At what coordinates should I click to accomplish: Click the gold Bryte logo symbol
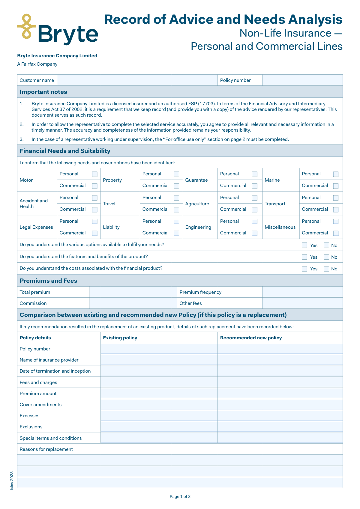pyautogui.click(x=27, y=26)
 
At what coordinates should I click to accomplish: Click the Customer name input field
pyautogui.click(x=137, y=80)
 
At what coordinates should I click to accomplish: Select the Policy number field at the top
pyautogui.click(x=302, y=80)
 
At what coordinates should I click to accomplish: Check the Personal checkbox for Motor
pyautogui.click(x=95, y=174)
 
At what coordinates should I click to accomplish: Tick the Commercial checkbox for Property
pyautogui.click(x=176, y=186)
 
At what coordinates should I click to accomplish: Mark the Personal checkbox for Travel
pyautogui.click(x=176, y=198)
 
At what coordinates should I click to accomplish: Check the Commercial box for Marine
pyautogui.click(x=336, y=186)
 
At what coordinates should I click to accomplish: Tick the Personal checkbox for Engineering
pyautogui.click(x=255, y=222)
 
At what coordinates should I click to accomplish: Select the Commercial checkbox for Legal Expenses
pyautogui.click(x=95, y=233)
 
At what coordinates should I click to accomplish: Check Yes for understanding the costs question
pyautogui.click(x=304, y=269)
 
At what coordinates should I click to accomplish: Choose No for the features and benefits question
pyautogui.click(x=326, y=257)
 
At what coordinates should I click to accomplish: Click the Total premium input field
pyautogui.click(x=133, y=292)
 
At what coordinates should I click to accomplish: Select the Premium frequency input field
pyautogui.click(x=302, y=292)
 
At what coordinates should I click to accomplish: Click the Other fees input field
pyautogui.click(x=302, y=303)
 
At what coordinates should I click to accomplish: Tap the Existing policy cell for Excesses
pyautogui.click(x=159, y=415)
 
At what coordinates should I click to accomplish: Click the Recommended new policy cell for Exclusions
pyautogui.click(x=280, y=427)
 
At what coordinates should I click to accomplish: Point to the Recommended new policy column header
pyautogui.click(x=251, y=338)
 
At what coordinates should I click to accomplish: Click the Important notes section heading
pyautogui.click(x=43, y=92)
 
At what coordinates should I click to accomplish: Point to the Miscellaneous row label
pyautogui.click(x=280, y=227)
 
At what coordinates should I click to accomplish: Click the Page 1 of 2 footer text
pyautogui.click(x=180, y=496)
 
